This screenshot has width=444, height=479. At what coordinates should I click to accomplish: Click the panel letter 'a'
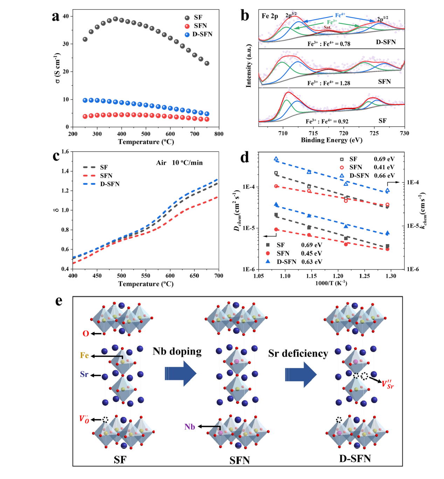(56, 16)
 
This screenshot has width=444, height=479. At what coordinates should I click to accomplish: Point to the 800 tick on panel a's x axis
(219, 134)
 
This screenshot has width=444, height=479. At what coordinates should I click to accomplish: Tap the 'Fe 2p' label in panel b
(270, 16)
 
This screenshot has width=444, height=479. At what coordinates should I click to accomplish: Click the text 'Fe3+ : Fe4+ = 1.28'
(329, 83)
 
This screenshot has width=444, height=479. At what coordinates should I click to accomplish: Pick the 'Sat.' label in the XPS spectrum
(327, 27)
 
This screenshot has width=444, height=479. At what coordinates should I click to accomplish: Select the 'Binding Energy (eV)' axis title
(331, 140)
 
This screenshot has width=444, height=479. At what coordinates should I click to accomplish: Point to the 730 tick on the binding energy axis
(404, 133)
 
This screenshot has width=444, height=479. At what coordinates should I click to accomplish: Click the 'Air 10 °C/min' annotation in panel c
(179, 163)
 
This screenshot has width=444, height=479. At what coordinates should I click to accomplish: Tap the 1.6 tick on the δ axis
(65, 152)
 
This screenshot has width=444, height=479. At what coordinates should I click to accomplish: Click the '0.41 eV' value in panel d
(384, 167)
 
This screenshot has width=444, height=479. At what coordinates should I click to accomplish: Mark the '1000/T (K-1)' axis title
(331, 283)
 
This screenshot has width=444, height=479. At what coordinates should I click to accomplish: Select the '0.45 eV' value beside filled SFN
(312, 253)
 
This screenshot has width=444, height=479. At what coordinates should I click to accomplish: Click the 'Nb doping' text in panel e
(177, 351)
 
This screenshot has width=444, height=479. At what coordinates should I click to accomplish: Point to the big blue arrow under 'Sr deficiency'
(301, 374)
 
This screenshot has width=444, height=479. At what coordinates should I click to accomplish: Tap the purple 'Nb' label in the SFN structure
(190, 426)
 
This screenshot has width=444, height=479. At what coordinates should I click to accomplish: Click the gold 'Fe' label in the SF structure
(84, 355)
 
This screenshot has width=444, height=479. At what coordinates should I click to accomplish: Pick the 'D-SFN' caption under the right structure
(355, 459)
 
